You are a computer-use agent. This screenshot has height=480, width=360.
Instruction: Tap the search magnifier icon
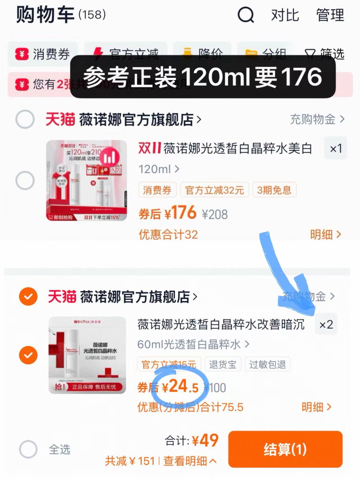pyautogui.click(x=246, y=15)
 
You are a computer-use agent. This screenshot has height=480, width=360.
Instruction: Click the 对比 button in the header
pyautogui.click(x=285, y=15)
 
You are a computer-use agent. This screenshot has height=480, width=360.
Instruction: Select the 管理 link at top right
pyautogui.click(x=330, y=15)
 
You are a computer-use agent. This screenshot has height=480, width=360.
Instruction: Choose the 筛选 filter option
pyautogui.click(x=325, y=53)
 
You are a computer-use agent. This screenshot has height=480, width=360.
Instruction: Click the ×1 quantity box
pyautogui.click(x=336, y=149)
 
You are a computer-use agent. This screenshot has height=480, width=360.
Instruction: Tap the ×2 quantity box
pyautogui.click(x=326, y=324)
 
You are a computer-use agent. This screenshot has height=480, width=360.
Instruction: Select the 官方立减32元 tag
pyautogui.click(x=214, y=190)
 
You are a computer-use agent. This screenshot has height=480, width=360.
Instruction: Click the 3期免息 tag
pyautogui.click(x=274, y=190)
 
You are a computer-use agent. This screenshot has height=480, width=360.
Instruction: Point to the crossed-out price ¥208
pyautogui.click(x=215, y=215)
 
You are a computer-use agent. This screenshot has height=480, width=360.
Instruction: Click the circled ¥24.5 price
pyautogui.click(x=180, y=387)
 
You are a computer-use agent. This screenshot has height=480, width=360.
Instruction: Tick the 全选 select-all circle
pyautogui.click(x=28, y=449)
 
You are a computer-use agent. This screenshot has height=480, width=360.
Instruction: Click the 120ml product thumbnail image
pyautogui.click(x=86, y=180)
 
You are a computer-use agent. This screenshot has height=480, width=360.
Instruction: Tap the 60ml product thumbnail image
pyautogui.click(x=87, y=355)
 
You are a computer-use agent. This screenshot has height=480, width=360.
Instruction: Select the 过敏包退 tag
pyautogui.click(x=267, y=364)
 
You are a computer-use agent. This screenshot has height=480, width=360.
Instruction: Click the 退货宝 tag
pyautogui.click(x=222, y=364)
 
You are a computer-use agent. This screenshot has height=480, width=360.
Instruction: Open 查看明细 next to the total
pyautogui.click(x=189, y=461)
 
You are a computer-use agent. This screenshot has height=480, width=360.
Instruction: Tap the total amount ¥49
pyautogui.click(x=205, y=441)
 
